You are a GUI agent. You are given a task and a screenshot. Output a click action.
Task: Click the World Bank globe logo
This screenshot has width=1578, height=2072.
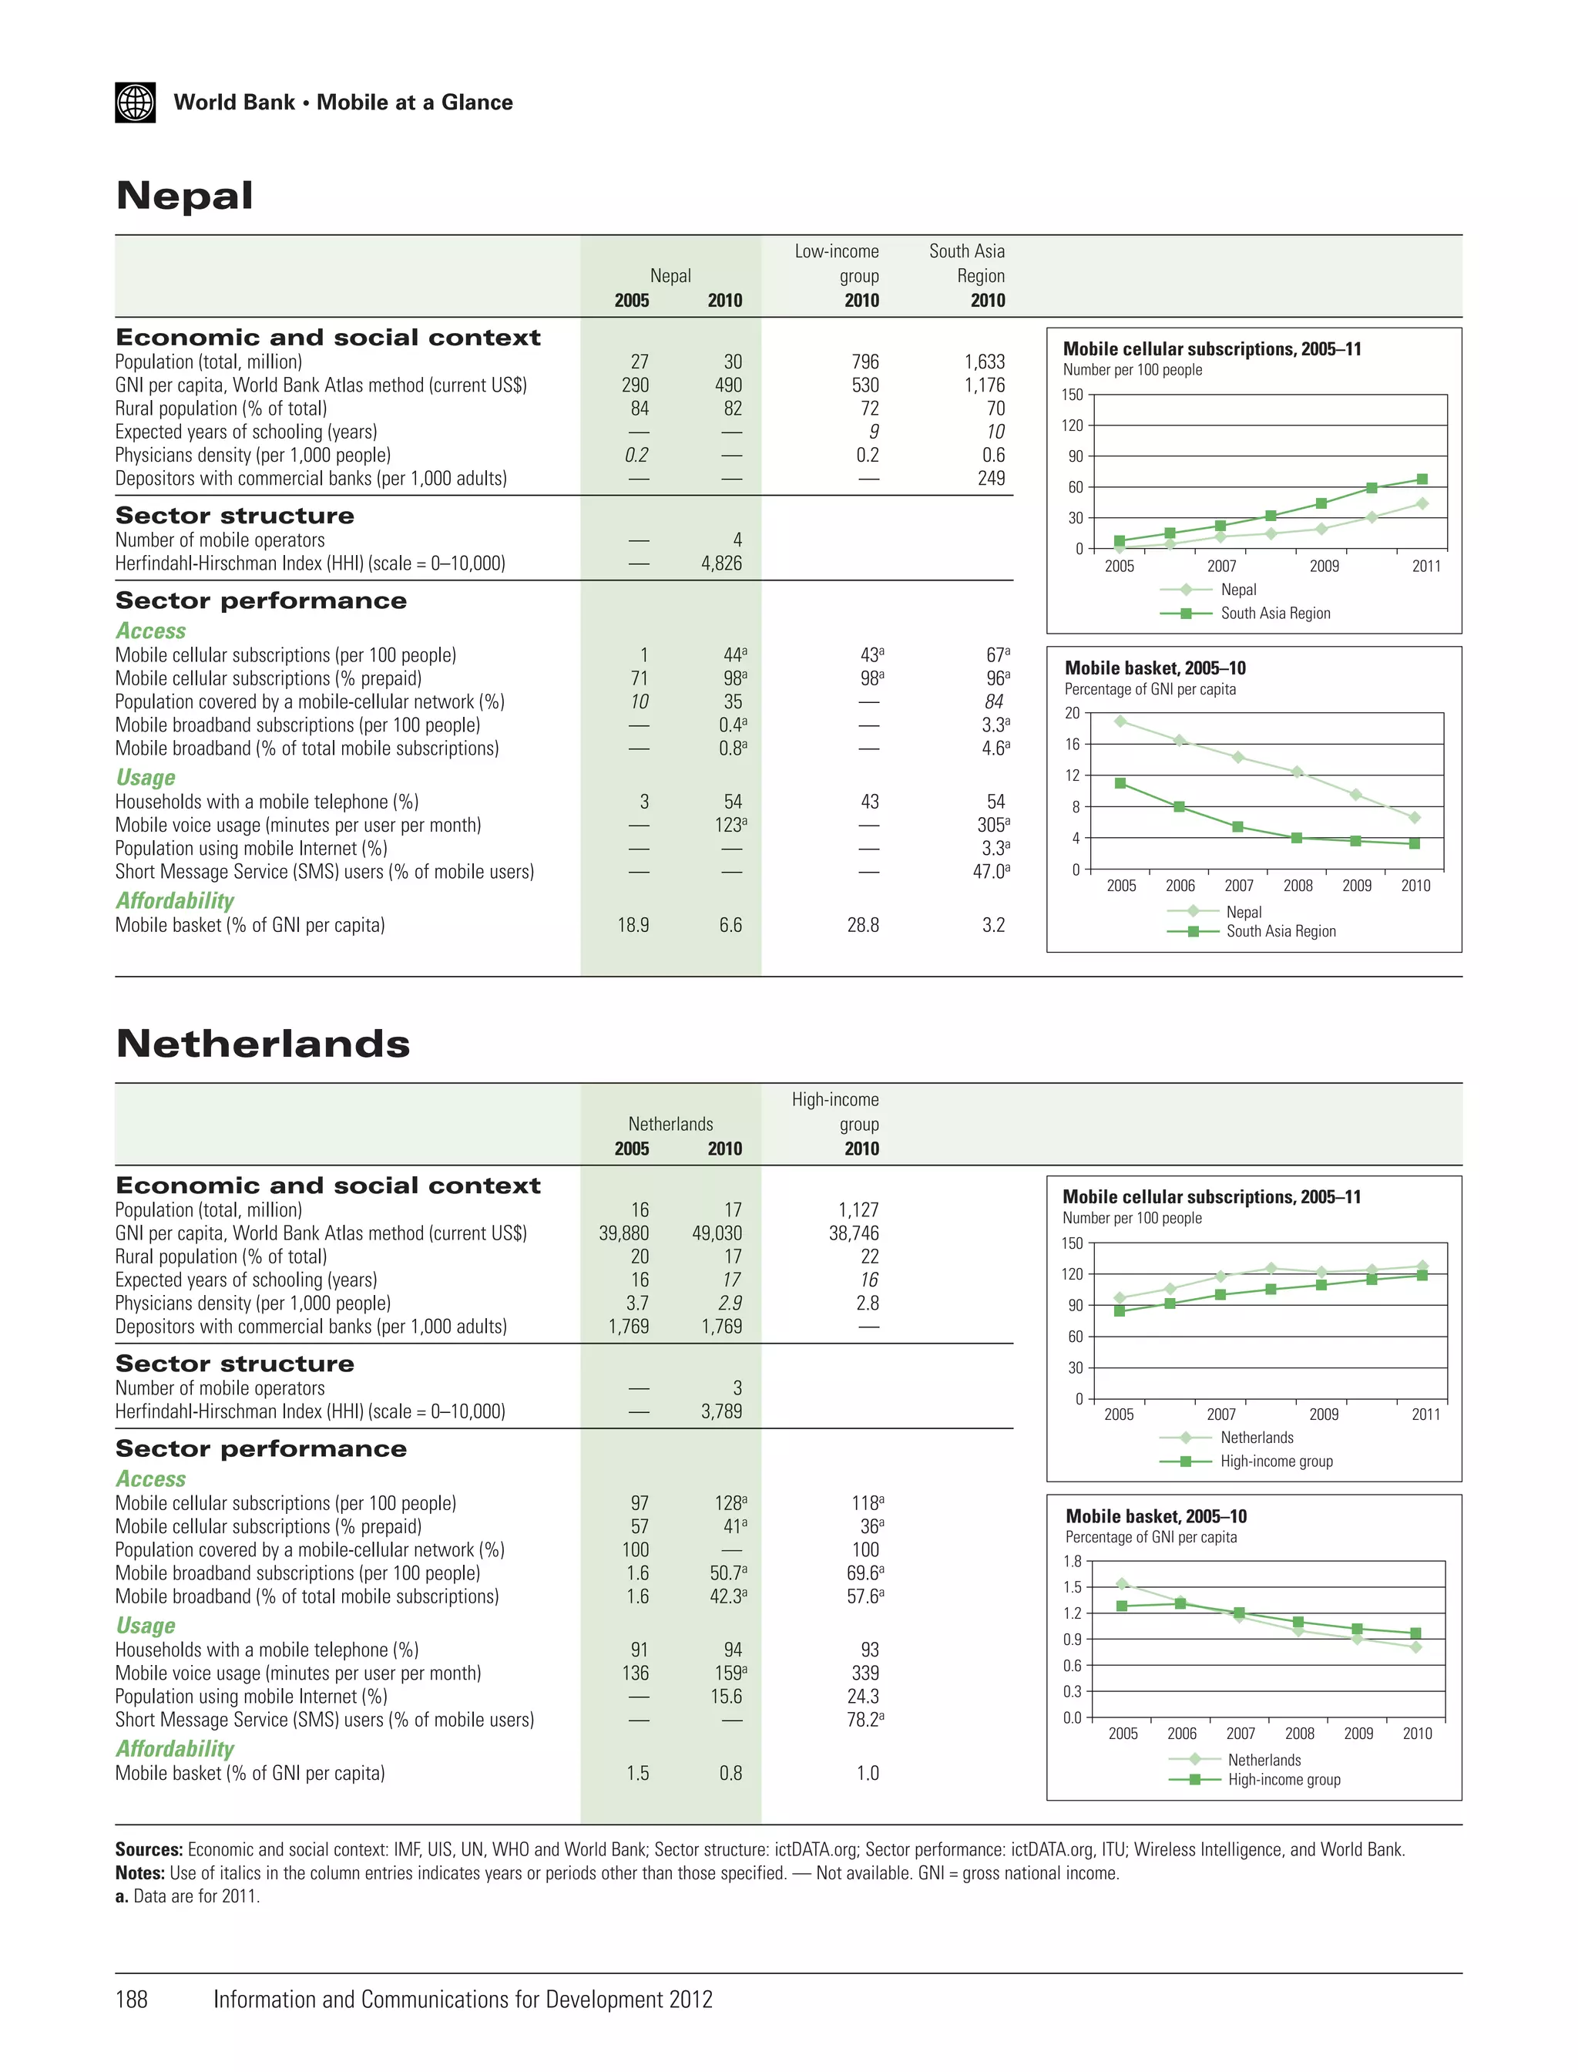tap(136, 103)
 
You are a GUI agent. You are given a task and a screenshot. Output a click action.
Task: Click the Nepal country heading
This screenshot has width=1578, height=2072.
tap(184, 196)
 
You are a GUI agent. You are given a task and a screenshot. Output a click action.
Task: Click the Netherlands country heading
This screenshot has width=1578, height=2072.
tap(263, 1044)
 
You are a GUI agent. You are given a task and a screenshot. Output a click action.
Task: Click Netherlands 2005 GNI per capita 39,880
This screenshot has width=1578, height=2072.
tap(623, 1233)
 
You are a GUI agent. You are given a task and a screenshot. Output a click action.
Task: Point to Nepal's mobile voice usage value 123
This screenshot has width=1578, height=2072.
tap(729, 825)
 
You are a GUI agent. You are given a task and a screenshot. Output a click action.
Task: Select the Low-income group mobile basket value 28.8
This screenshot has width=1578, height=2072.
tap(862, 925)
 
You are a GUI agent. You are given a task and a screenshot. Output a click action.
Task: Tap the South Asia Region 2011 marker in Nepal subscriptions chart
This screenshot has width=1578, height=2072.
tap(1422, 479)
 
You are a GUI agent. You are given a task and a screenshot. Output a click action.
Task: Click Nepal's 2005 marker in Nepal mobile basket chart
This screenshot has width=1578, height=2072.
tap(1120, 721)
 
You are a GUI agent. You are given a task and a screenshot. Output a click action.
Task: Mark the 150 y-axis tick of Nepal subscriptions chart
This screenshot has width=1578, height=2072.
tap(1073, 395)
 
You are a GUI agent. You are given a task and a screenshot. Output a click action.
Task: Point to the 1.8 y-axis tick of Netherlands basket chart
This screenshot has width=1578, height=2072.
tap(1073, 1561)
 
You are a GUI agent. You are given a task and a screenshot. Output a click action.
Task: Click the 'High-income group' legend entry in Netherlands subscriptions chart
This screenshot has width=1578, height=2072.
tap(1275, 1461)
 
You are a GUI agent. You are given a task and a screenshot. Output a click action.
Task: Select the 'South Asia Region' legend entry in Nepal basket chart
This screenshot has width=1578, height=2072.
tap(1281, 931)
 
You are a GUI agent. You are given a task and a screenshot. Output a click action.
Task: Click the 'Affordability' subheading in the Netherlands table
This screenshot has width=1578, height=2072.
tap(175, 1749)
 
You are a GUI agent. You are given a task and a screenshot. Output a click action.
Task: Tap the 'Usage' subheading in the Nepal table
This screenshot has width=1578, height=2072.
tap(146, 777)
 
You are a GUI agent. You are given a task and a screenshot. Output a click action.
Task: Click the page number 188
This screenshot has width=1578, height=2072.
tap(132, 1999)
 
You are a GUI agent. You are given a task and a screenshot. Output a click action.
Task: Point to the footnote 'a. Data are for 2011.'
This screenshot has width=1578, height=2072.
tap(188, 1895)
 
